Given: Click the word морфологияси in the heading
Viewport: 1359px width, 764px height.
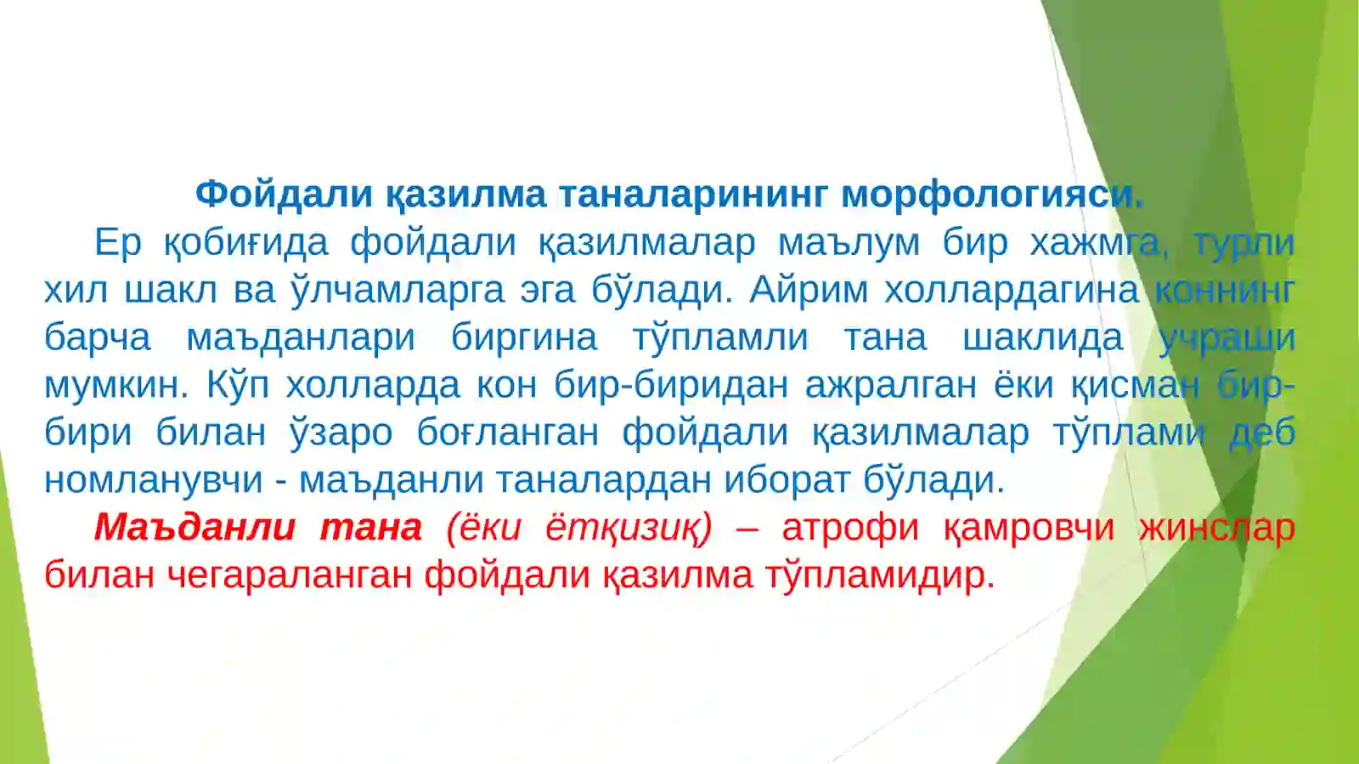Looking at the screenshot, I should pos(991,195).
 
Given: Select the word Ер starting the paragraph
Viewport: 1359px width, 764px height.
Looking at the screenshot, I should pos(117,242).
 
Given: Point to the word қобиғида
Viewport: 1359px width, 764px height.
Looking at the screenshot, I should pos(245,242).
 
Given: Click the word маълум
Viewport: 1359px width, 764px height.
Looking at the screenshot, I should pos(849,242).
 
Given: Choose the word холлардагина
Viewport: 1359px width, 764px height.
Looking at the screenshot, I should pos(1011,290).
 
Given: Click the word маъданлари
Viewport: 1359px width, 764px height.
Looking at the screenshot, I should pos(301,337).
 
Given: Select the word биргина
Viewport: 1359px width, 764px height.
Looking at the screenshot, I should pos(524,337).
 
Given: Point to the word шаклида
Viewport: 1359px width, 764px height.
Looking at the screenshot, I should pos(1042,337).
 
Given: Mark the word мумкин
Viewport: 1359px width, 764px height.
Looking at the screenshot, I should pos(116,385).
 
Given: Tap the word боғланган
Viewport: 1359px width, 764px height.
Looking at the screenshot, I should pos(507,433).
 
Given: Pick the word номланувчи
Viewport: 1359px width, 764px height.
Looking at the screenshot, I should pos(154,480).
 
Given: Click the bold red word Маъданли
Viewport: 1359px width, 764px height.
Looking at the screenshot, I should pos(195,528).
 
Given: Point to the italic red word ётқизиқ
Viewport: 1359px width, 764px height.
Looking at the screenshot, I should pos(628,528).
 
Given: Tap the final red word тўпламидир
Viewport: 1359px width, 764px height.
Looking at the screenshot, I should pos(879,575).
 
